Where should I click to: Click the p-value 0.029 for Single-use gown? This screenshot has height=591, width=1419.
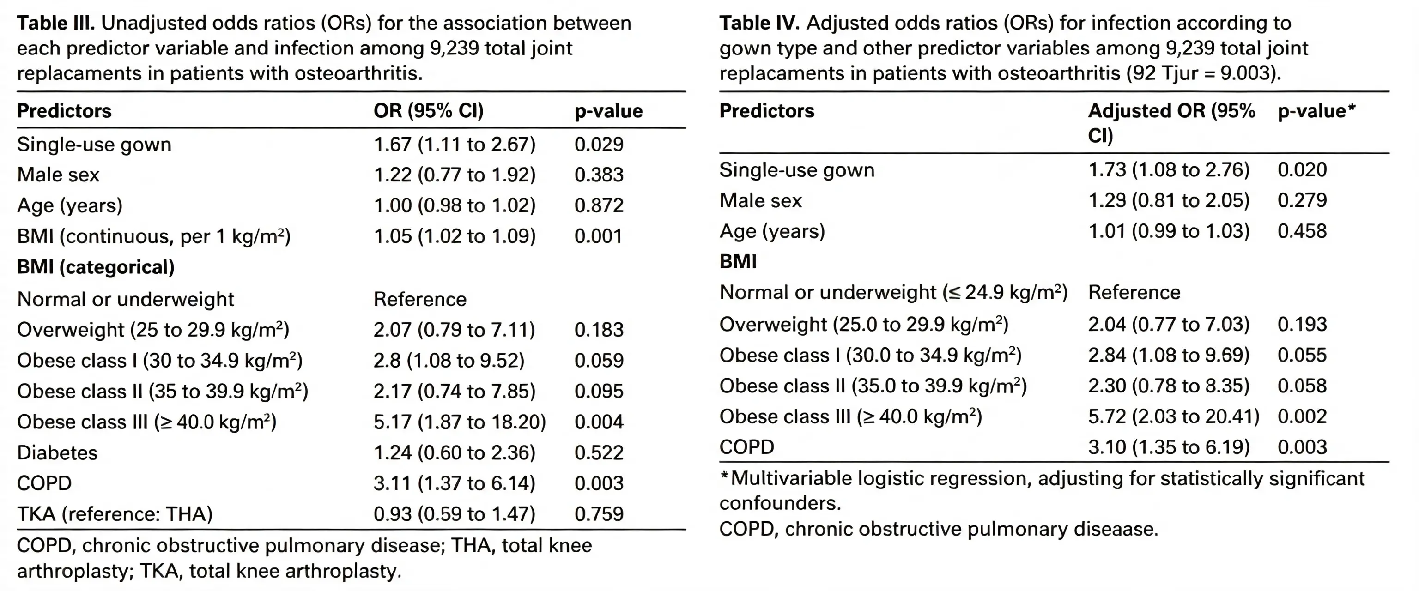click(599, 145)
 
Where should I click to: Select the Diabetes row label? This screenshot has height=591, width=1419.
click(57, 453)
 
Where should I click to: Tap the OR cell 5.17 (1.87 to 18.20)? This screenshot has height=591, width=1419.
click(460, 422)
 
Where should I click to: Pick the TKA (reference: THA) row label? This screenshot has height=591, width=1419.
click(115, 514)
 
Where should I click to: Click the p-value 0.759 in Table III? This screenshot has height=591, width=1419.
click(599, 514)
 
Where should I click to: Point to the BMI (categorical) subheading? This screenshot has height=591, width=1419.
click(96, 267)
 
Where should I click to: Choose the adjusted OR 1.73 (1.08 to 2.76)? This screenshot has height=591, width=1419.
click(1169, 169)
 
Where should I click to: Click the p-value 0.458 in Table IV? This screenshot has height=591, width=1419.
click(1302, 231)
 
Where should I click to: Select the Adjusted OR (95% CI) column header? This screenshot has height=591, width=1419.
click(1172, 123)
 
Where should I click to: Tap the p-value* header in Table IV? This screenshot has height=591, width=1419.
click(1316, 111)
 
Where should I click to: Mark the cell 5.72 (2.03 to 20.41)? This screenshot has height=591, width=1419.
click(1174, 416)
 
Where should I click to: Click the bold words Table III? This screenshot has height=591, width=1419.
click(56, 23)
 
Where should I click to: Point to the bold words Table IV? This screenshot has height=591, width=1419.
click(760, 23)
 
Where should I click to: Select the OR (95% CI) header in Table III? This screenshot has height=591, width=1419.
click(429, 111)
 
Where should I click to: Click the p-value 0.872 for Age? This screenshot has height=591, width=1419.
click(599, 205)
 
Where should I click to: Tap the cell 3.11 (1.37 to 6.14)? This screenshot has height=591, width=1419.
click(455, 483)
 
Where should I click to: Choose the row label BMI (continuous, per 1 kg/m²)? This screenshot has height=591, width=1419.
click(154, 236)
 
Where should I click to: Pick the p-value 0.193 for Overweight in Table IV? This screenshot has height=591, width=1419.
click(1302, 325)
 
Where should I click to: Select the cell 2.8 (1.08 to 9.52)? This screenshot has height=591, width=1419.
click(449, 361)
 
